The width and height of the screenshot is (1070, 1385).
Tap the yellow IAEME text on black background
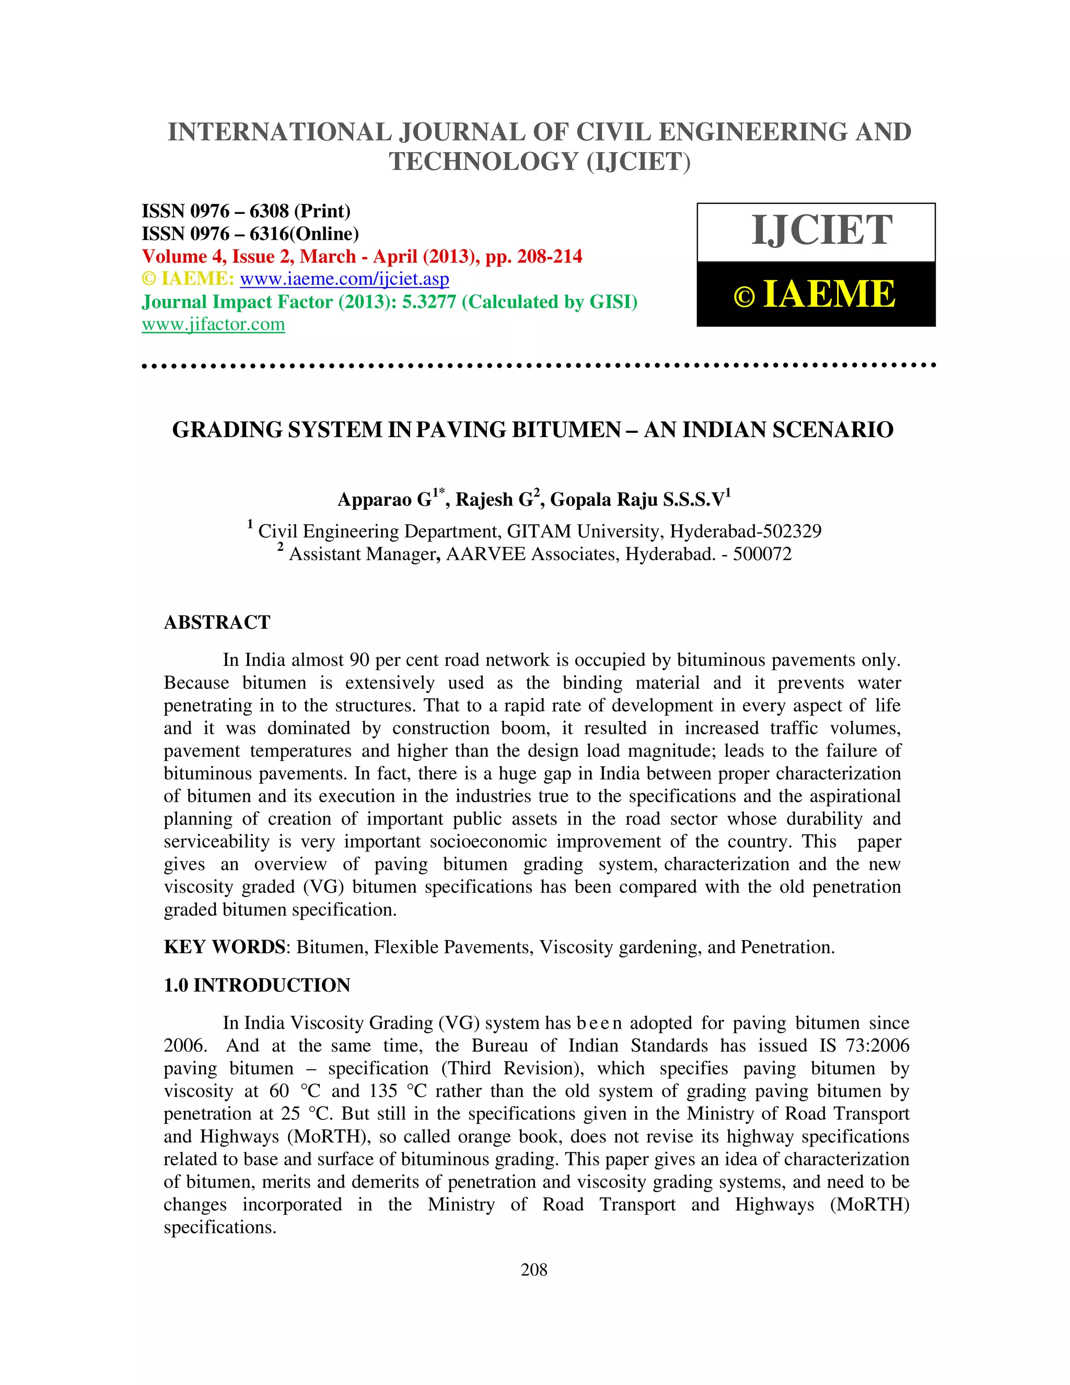(829, 295)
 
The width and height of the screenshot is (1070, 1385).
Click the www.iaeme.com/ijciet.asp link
(344, 279)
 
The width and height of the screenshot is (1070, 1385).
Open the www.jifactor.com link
(213, 325)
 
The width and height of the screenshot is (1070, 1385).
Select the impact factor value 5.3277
(429, 302)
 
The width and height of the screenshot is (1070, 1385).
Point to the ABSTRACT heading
(217, 622)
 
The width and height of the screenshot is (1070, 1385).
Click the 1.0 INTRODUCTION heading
(257, 985)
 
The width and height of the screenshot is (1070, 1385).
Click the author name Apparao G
(384, 500)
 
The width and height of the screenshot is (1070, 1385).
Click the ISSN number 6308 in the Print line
(269, 211)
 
